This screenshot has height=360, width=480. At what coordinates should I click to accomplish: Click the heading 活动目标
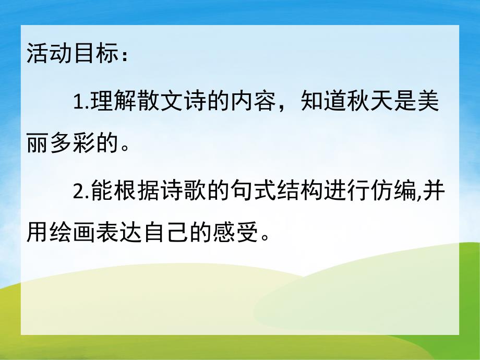point(70,55)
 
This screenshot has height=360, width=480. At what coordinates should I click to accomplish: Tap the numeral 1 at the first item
point(78,102)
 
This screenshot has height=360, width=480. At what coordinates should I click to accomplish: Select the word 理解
point(109,102)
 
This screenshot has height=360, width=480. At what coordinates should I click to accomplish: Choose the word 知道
point(321,102)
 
